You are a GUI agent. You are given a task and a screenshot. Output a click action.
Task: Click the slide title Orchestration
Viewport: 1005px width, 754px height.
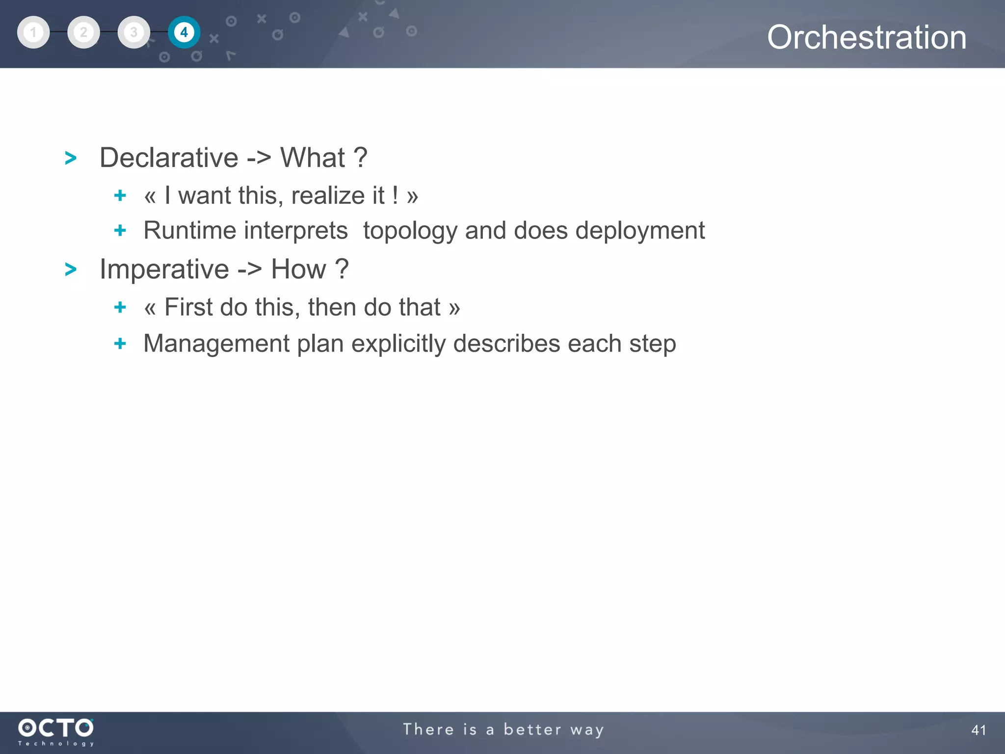coord(867,37)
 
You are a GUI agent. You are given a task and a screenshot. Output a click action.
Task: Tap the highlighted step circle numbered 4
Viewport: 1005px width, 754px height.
coord(184,32)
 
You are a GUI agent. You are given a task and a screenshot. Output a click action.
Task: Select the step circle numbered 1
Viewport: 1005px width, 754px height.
coord(33,32)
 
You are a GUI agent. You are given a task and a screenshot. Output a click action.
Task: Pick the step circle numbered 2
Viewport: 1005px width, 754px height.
coord(83,32)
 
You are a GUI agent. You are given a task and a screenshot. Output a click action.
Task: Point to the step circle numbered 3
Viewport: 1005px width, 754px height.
coord(133,32)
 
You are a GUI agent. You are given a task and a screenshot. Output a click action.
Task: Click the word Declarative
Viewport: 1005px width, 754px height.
coord(169,158)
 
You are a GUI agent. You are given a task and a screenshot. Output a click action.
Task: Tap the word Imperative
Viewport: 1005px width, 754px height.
coord(164,269)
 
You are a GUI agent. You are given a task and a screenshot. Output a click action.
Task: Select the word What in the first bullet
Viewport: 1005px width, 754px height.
coord(313,158)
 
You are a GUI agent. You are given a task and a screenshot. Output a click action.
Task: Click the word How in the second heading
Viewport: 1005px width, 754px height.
coord(298,269)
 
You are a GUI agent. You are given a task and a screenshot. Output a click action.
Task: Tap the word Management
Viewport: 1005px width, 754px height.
coord(216,344)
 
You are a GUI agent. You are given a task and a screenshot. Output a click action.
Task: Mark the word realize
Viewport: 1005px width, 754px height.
coord(338,195)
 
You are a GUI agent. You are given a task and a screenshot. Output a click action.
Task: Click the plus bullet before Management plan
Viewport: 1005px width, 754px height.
coord(120,343)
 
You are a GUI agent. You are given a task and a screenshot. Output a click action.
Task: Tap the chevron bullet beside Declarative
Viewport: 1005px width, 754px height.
coord(71,158)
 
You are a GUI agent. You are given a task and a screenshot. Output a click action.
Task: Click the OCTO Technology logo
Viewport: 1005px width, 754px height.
coord(56,731)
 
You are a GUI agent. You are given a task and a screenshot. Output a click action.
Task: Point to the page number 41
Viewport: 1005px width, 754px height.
coord(978,730)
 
